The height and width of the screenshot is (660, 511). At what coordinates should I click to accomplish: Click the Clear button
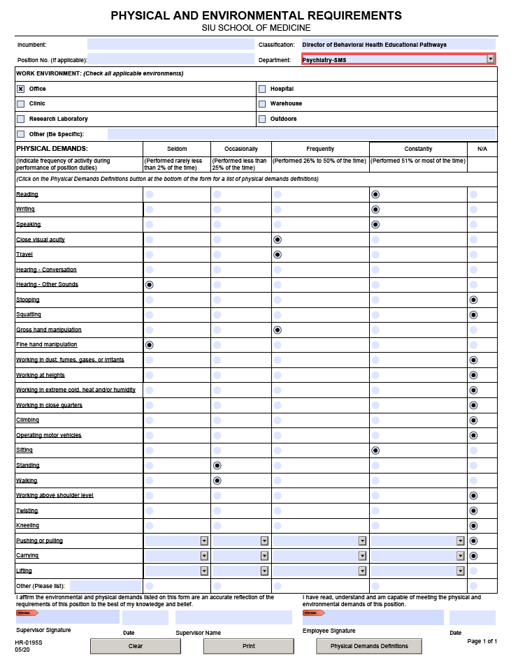tap(136, 646)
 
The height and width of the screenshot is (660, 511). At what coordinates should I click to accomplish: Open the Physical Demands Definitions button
tap(369, 646)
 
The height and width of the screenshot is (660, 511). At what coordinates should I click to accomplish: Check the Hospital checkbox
tap(262, 89)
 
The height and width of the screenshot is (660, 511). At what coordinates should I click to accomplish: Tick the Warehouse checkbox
tap(262, 103)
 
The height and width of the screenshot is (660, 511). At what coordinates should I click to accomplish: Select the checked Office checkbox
tap(21, 89)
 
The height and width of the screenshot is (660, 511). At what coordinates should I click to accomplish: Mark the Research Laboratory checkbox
tap(21, 119)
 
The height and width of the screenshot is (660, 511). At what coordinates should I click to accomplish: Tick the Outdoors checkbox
tap(262, 119)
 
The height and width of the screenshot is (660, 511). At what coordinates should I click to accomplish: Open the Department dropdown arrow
tap(491, 59)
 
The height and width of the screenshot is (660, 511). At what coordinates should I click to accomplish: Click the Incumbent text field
tap(171, 45)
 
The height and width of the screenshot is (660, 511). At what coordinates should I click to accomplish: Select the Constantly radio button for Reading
tap(375, 194)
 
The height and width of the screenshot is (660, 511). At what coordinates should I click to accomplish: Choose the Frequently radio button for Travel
tap(278, 254)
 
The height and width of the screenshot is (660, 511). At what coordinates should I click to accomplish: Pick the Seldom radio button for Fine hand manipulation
tap(149, 344)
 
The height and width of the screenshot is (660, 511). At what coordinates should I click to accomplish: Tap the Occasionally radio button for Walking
tap(217, 481)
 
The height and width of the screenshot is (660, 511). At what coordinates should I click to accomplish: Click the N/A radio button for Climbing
tap(473, 420)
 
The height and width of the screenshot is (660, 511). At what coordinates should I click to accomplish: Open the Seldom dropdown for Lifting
tap(204, 571)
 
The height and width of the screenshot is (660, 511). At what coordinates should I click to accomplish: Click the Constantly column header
tap(418, 149)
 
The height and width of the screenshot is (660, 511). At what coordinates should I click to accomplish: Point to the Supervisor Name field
tap(233, 617)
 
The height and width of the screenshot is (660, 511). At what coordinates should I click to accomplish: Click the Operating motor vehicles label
tap(49, 435)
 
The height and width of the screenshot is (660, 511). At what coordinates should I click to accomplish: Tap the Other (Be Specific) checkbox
tap(21, 133)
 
